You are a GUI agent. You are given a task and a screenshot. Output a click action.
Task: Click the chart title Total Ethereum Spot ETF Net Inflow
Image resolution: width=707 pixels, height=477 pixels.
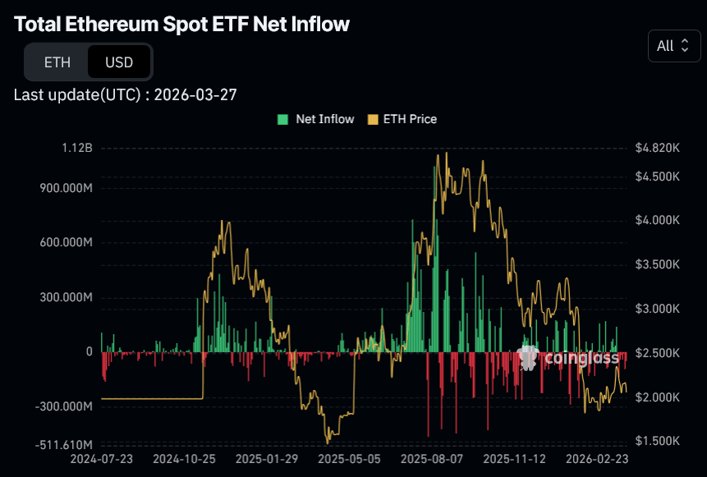181,25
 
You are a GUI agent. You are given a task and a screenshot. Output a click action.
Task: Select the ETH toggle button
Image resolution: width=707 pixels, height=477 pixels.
57,62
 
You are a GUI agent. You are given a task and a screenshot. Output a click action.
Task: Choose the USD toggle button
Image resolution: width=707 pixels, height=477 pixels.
119,62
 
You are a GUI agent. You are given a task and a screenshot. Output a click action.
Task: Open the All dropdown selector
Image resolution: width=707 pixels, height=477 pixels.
673,46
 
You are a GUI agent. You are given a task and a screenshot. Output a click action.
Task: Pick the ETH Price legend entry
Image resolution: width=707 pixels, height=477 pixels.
402,119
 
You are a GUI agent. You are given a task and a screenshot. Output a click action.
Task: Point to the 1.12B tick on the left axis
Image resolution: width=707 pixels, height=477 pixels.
77,149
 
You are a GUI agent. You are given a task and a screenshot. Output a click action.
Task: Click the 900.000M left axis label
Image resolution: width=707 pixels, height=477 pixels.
65,188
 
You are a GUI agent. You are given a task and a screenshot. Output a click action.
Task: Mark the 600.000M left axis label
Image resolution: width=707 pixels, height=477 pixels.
65,242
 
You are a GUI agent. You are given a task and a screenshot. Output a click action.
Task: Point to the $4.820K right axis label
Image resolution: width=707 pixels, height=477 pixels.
657,149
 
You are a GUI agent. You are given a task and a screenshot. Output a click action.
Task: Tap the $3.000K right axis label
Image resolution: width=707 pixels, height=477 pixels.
657,309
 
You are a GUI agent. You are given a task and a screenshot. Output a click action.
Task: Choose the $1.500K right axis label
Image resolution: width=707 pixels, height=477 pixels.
657,441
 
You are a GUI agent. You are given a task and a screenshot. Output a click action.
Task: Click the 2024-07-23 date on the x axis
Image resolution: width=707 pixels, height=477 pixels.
101,459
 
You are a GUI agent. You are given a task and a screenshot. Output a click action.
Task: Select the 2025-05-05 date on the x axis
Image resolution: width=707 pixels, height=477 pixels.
350,459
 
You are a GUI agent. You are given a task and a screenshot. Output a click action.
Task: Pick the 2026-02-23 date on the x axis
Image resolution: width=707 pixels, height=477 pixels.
598,459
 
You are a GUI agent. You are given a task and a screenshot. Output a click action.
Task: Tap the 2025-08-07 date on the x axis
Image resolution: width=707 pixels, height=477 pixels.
433,459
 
